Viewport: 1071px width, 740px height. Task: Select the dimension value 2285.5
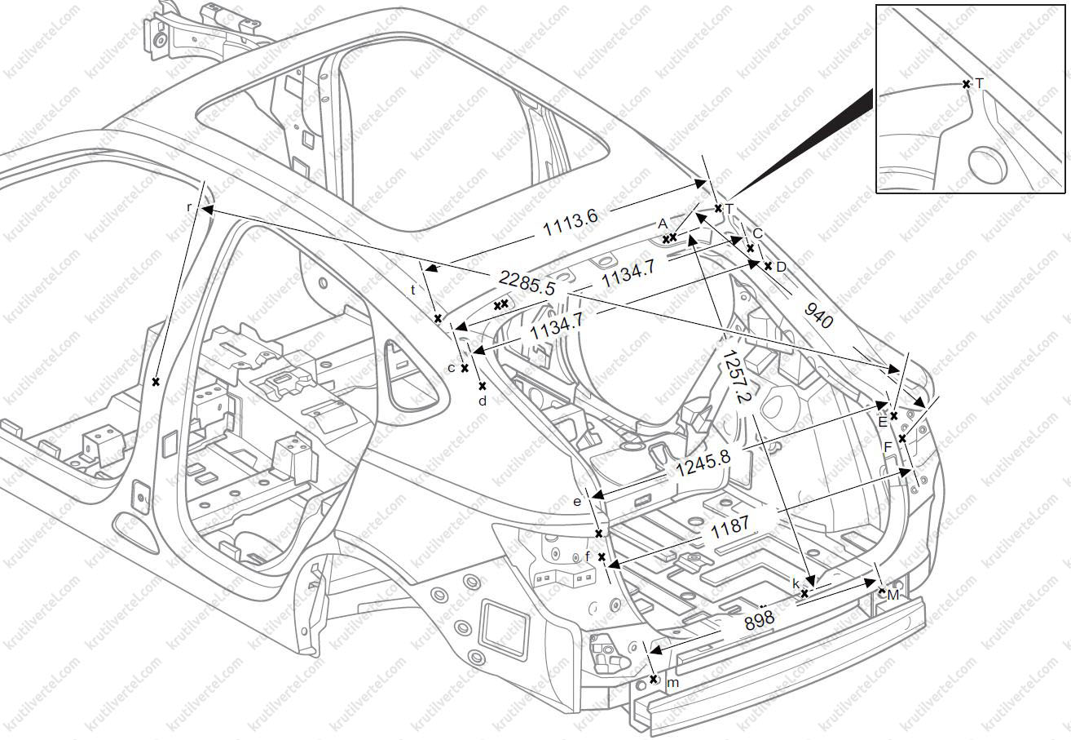(527, 283)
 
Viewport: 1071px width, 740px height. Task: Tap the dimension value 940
(818, 314)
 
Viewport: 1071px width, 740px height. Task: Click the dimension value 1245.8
(703, 464)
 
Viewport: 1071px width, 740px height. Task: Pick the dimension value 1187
(729, 525)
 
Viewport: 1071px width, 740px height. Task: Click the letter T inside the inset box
(979, 83)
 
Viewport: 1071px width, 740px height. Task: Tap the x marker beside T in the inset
(966, 84)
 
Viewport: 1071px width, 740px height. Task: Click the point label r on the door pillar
(189, 207)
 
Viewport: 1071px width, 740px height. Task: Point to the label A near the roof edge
(663, 224)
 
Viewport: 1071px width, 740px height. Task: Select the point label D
(781, 267)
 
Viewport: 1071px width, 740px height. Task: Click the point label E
(882, 422)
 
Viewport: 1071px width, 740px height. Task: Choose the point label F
(888, 446)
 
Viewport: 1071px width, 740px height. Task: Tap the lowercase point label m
(672, 682)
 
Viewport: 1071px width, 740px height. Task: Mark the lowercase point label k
(796, 583)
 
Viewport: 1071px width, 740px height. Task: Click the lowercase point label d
(483, 401)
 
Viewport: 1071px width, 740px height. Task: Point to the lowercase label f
(588, 556)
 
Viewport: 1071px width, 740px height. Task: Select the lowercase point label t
(413, 290)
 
